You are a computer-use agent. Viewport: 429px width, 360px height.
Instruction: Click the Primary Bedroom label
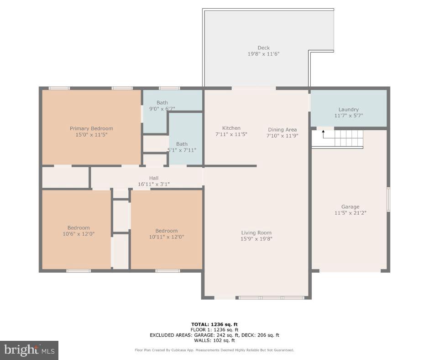91,128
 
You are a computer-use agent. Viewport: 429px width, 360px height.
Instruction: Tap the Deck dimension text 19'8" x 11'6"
263,54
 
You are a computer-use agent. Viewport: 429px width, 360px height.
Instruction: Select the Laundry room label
348,109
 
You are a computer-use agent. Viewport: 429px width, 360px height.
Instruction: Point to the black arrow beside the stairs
324,134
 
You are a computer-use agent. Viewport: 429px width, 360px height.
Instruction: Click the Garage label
350,206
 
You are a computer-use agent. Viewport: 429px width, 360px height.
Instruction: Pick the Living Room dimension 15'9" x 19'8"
256,238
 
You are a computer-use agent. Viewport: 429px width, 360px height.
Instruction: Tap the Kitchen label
231,128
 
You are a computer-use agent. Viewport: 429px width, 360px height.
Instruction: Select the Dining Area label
282,129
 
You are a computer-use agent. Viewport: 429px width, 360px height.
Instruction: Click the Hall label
154,178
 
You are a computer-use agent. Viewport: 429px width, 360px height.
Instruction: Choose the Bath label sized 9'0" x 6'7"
162,102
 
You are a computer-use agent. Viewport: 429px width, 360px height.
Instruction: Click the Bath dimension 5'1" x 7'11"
182,150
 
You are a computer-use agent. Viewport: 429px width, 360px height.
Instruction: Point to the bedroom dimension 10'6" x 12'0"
78,234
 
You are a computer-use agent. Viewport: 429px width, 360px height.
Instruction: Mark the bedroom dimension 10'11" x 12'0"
166,237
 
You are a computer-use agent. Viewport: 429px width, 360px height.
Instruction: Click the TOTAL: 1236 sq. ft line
214,324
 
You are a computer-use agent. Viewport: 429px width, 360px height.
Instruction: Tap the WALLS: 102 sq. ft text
214,340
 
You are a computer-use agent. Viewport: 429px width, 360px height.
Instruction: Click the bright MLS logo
29,350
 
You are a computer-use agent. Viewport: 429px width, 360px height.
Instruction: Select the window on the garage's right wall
388,199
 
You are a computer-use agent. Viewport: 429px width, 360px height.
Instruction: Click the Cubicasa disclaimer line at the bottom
214,350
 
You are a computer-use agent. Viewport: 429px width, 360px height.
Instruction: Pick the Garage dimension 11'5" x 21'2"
350,212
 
